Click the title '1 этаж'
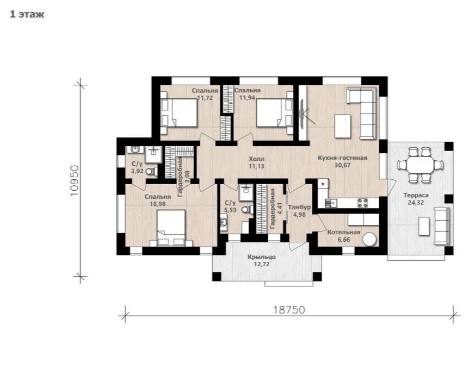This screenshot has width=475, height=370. click(27, 14)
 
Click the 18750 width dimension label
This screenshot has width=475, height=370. click(289, 310)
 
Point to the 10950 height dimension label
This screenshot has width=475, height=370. click(75, 180)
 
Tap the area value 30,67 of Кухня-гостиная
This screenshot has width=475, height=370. click(342, 165)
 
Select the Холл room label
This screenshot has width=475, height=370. click(256, 159)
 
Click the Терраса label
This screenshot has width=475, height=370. click(416, 196)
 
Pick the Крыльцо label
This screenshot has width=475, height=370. click(261, 257)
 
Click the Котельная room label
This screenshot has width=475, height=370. click(344, 233)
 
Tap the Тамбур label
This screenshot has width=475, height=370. click(299, 208)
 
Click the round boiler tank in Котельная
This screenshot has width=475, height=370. click(370, 239)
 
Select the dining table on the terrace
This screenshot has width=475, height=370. click(420, 165)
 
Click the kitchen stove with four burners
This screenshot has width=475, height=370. click(362, 203)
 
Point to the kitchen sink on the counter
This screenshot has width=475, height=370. click(331, 203)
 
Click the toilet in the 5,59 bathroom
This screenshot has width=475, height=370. click(248, 209)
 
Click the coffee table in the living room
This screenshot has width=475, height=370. click(343, 126)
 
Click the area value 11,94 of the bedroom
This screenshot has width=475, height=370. click(247, 98)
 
